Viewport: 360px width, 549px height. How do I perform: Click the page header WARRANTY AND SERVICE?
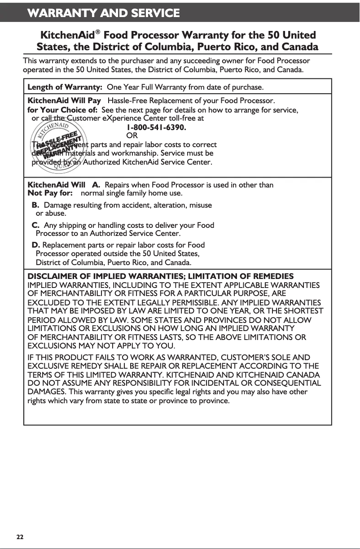[x=103, y=13]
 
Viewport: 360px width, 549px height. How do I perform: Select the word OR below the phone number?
[x=132, y=135]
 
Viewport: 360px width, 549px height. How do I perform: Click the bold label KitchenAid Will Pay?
[x=64, y=100]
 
